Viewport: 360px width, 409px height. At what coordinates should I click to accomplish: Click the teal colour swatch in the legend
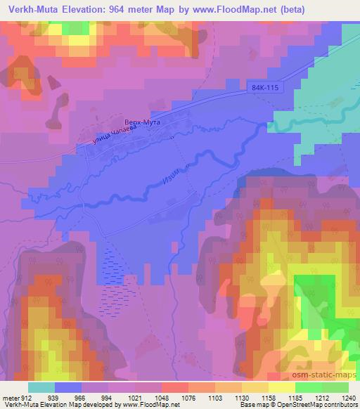[x=41, y=387]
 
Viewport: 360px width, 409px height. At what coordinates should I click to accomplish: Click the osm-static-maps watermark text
[x=326, y=375]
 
